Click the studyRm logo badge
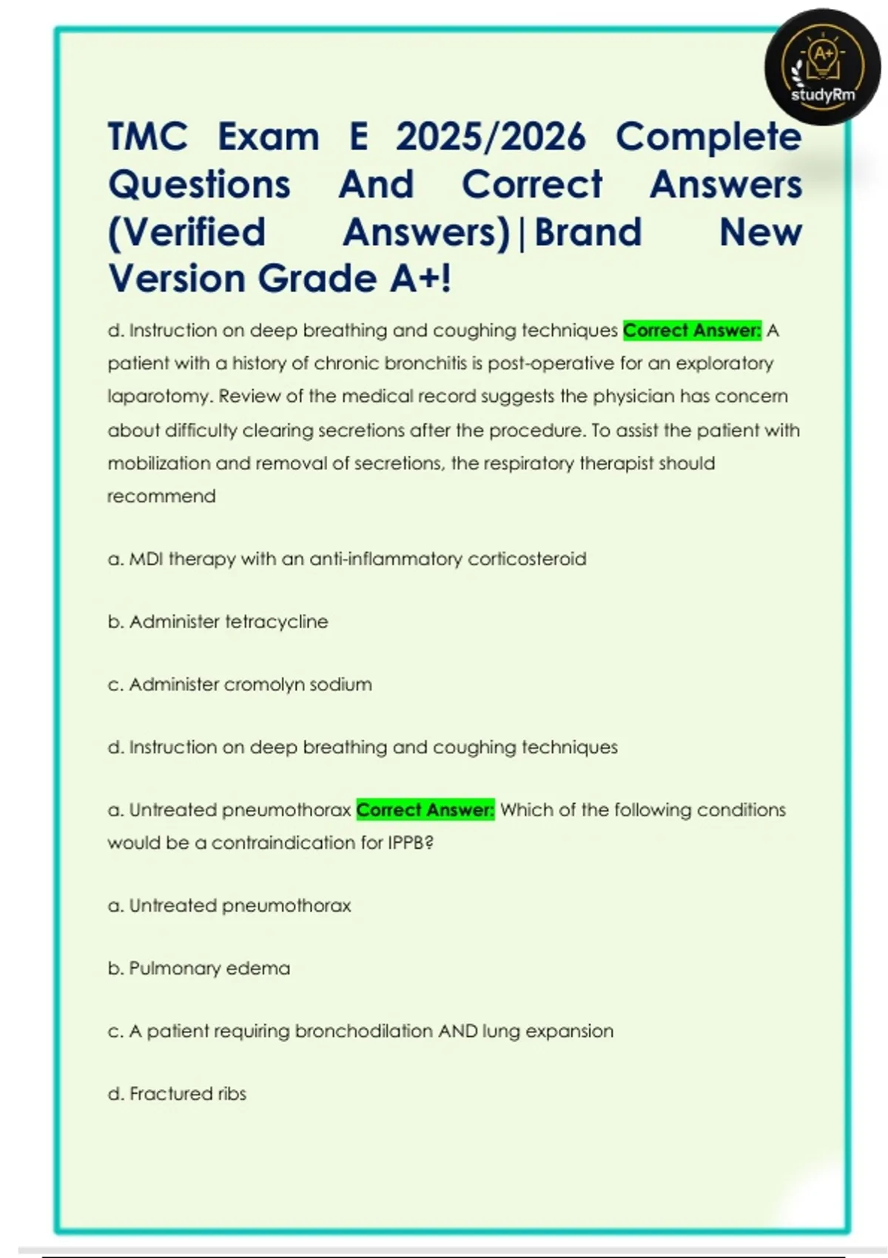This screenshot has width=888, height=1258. coord(822,67)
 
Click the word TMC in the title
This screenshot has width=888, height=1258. coord(148,137)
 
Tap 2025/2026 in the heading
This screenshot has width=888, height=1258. coord(491,137)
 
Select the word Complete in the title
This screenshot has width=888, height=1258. coord(708,137)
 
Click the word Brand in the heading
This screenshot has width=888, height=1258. coord(588,232)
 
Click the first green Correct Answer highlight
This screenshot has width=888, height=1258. coord(692,330)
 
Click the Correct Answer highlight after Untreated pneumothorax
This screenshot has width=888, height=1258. coord(425,810)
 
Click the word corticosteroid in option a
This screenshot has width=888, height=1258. coord(527,559)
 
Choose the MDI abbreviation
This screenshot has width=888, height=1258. coord(146,559)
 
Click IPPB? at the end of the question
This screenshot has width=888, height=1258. coord(410,843)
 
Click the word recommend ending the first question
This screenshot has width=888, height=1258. coord(161,496)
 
